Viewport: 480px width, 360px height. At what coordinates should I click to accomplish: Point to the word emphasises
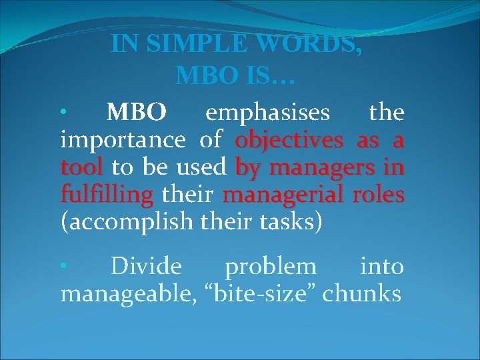pyautogui.click(x=267, y=113)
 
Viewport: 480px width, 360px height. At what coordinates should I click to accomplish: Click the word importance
pyautogui.click(x=123, y=141)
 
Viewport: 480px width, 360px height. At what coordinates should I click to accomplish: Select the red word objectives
pyautogui.click(x=289, y=141)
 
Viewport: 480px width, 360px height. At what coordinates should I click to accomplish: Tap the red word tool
pyautogui.click(x=81, y=167)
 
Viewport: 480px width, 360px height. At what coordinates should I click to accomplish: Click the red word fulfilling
pyautogui.click(x=107, y=195)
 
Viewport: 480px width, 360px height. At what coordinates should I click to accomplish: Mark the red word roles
pyautogui.click(x=379, y=195)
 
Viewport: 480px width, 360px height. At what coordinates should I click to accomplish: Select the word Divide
pyautogui.click(x=146, y=266)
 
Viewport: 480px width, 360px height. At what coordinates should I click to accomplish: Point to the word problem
pyautogui.click(x=271, y=266)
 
